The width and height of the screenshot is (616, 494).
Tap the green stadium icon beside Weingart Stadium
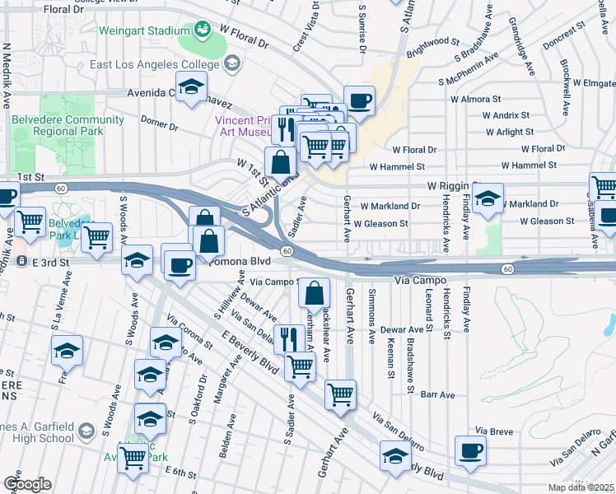click(202, 31)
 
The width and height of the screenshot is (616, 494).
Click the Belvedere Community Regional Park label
click(68, 125)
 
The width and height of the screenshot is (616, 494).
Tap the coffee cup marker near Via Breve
click(470, 451)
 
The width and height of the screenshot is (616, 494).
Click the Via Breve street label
click(494, 431)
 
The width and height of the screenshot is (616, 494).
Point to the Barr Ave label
click(437, 395)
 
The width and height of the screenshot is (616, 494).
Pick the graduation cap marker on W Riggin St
click(488, 198)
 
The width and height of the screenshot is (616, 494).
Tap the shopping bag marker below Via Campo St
click(315, 293)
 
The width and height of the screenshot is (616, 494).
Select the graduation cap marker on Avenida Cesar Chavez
click(191, 86)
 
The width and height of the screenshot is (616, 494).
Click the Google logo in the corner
click(27, 484)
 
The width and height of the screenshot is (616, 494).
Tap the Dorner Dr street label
click(159, 126)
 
